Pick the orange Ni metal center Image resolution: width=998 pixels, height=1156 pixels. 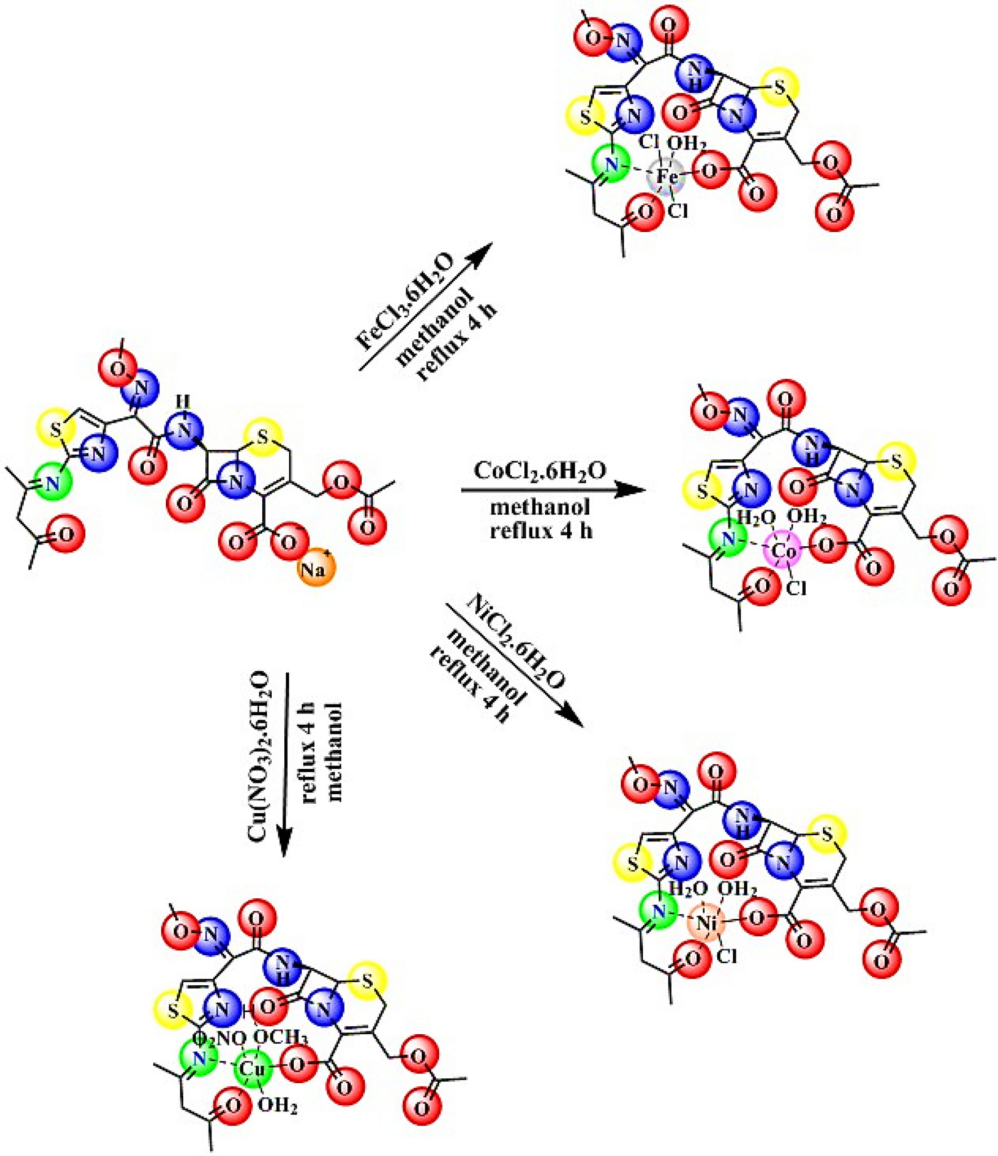pos(707,923)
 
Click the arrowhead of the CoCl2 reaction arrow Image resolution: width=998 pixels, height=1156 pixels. pos(634,489)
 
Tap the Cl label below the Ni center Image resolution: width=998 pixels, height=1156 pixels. pos(727,956)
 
